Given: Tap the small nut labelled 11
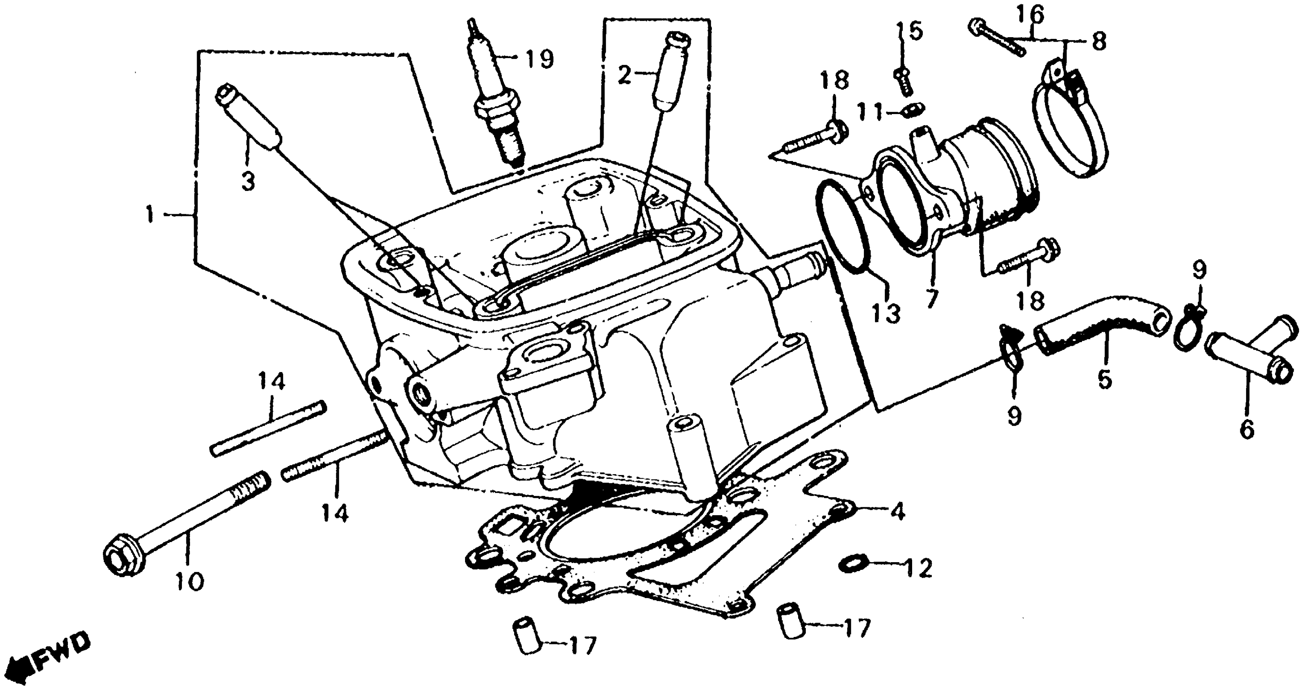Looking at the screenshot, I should tap(914, 108).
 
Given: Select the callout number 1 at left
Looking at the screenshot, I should tap(149, 215).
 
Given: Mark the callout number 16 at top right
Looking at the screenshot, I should tap(1031, 16).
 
